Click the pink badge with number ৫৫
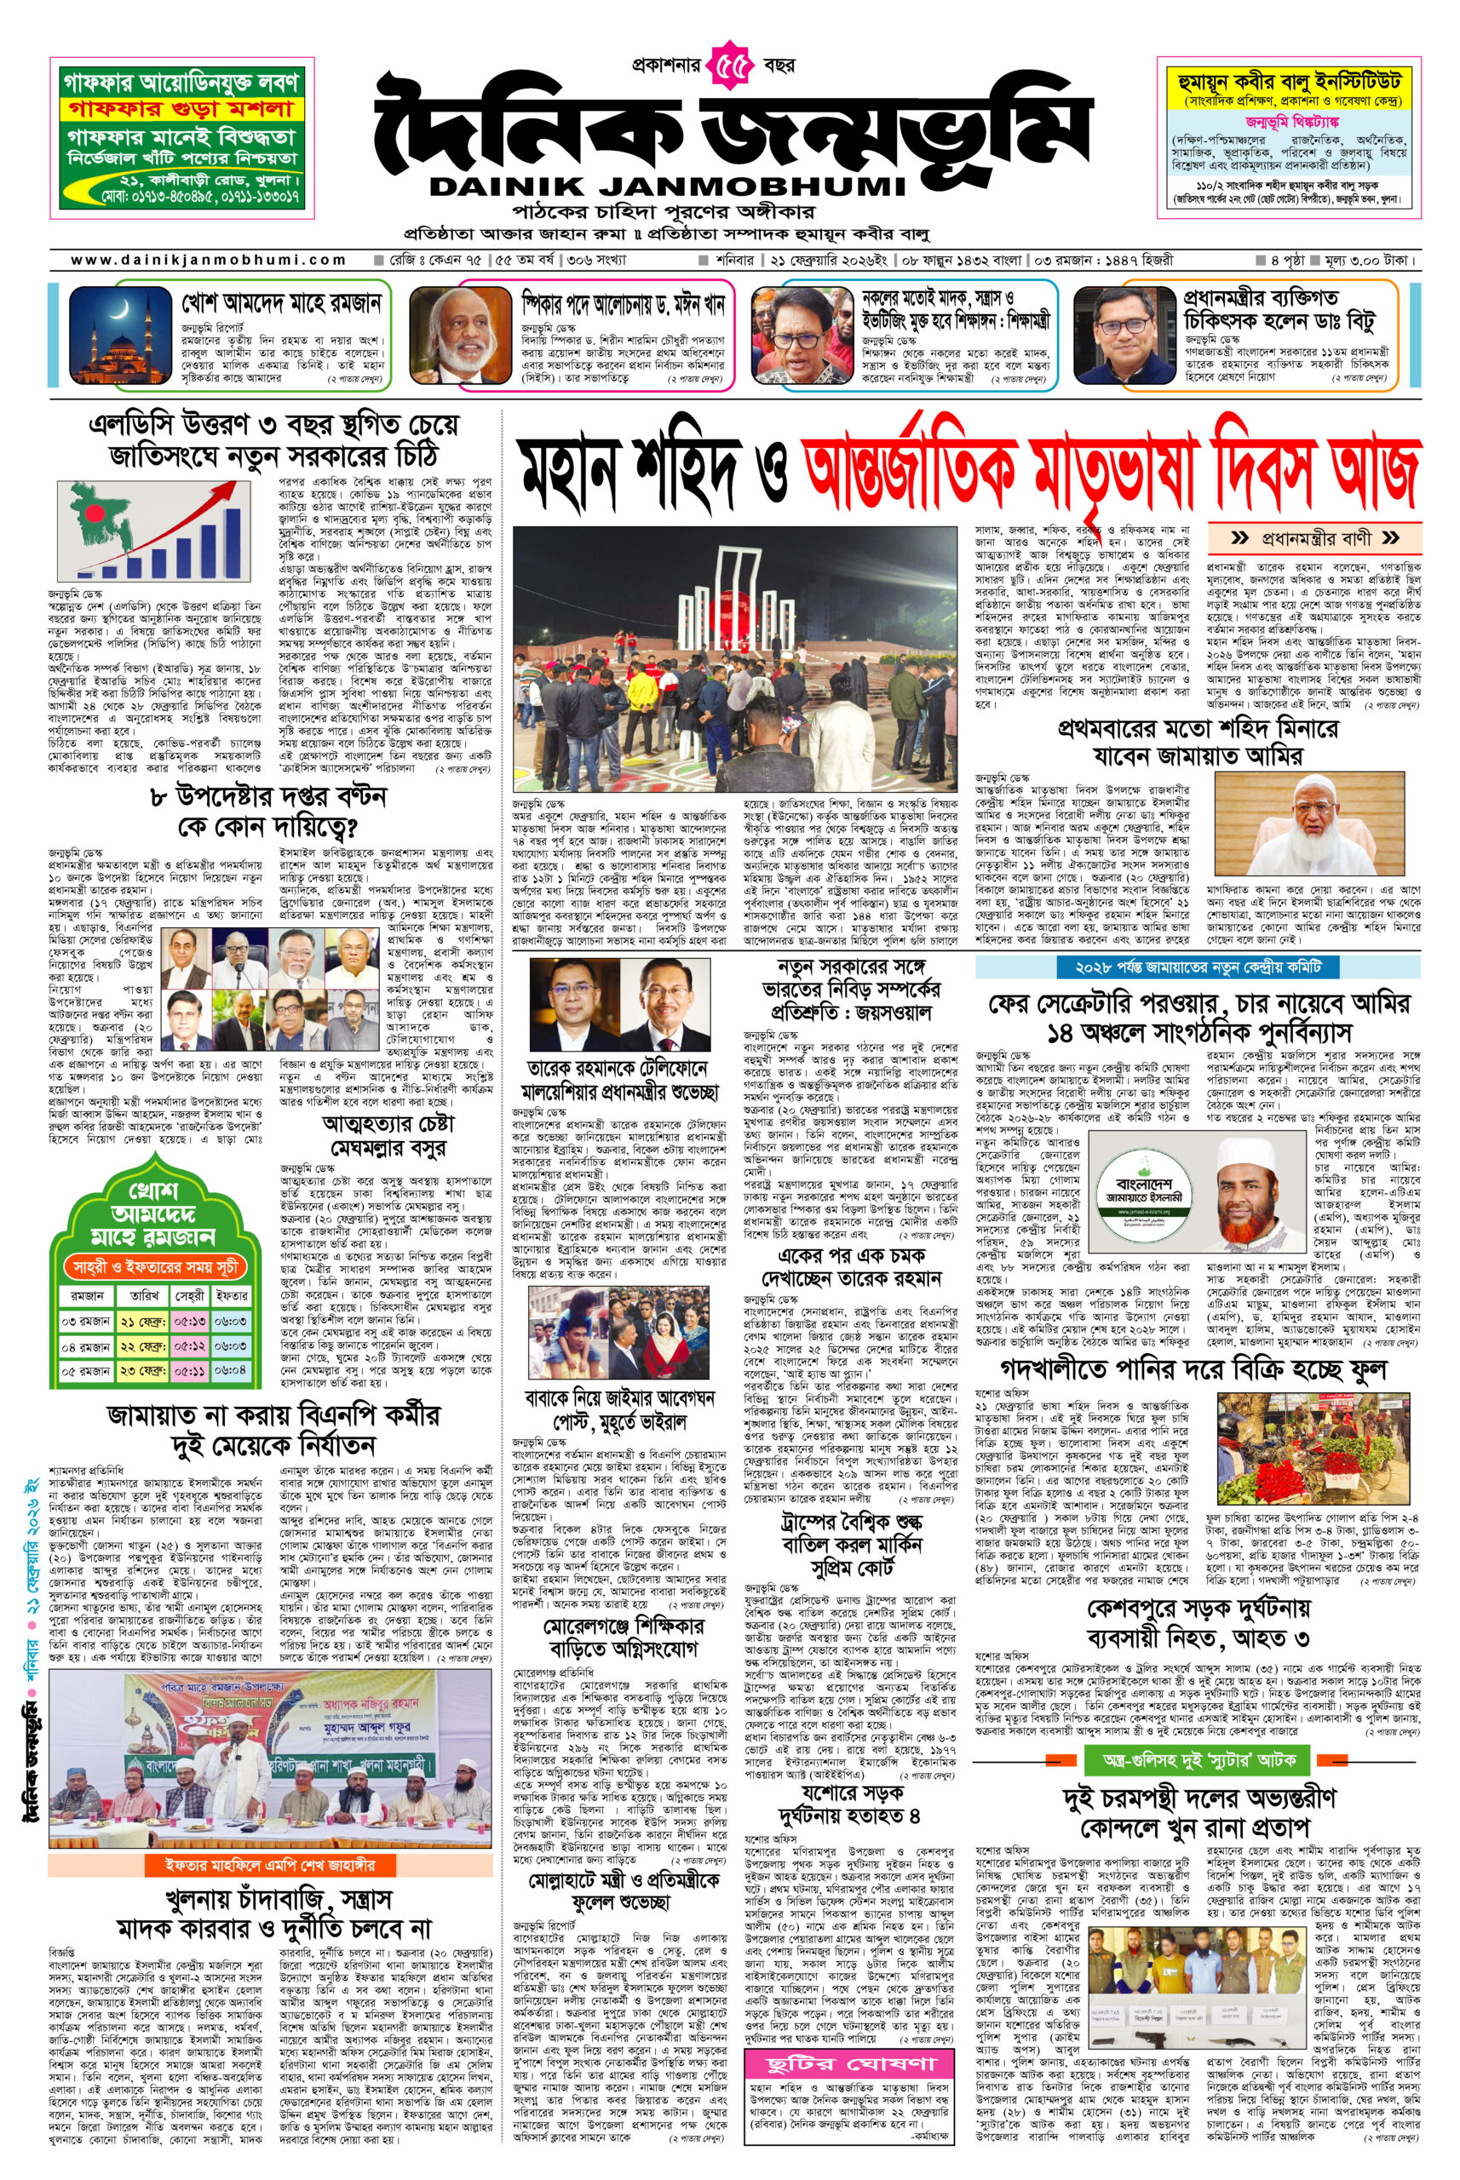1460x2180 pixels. pos(731,68)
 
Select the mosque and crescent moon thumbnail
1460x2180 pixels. pos(112,333)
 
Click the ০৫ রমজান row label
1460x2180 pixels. pos(83,1370)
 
